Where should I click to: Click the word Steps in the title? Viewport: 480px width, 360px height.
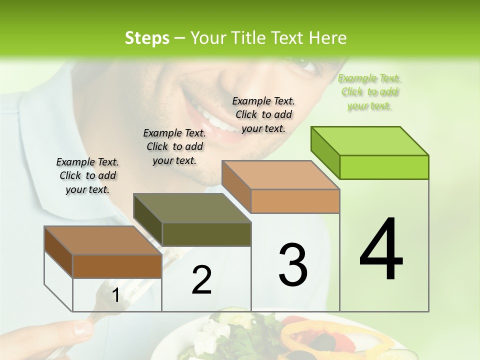[x=147, y=38]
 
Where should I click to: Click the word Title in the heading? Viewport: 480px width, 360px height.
[x=248, y=38]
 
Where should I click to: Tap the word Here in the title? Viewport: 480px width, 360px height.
[x=329, y=38]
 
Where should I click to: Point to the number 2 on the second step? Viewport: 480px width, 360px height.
[x=201, y=280]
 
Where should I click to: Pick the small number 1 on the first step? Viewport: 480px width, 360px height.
[x=115, y=295]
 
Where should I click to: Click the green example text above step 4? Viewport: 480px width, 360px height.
[x=369, y=91]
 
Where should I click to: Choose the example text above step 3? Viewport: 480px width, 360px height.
[x=263, y=114]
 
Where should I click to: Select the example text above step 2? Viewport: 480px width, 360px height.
[x=174, y=146]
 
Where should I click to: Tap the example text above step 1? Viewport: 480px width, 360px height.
[x=87, y=175]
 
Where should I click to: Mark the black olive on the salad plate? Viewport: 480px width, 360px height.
[x=325, y=343]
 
